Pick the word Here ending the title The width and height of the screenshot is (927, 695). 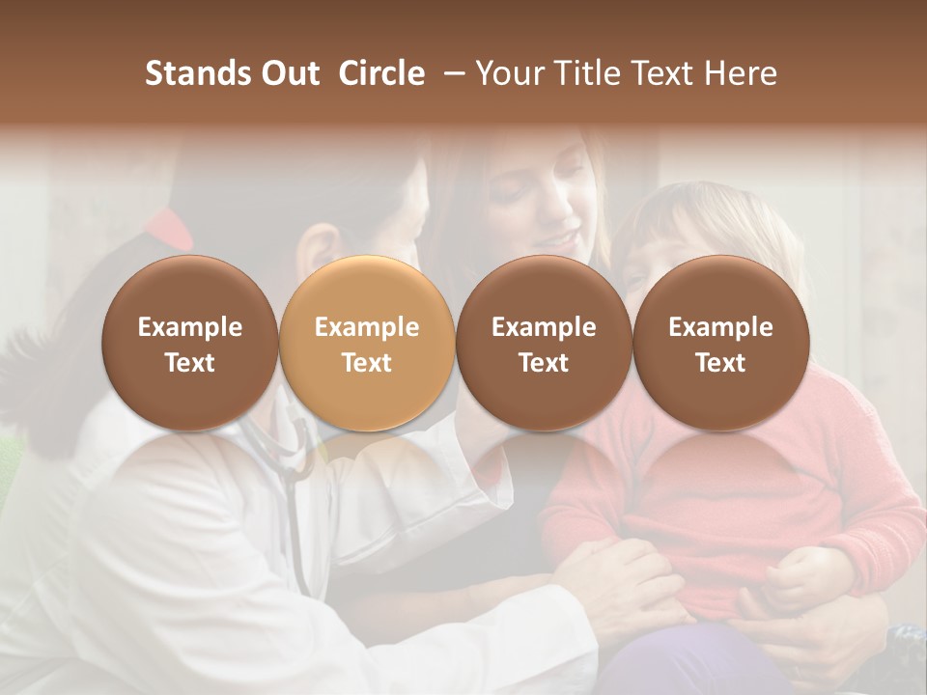[x=741, y=73]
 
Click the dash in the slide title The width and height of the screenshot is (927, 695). [x=454, y=73]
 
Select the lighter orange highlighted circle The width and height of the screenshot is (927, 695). [x=366, y=344]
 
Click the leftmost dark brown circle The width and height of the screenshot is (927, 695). [x=189, y=344]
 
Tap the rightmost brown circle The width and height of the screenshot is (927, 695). [x=720, y=344]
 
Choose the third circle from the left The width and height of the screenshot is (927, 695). [x=544, y=344]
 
